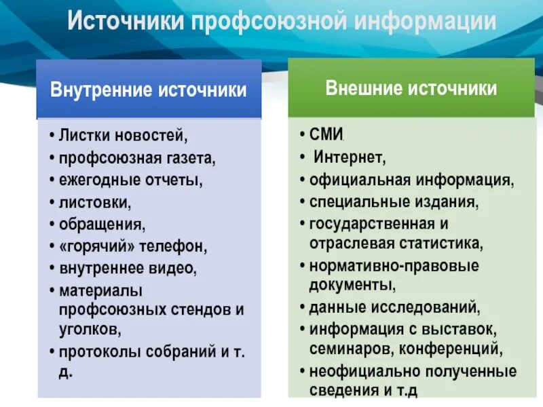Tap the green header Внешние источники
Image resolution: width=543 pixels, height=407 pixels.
411,88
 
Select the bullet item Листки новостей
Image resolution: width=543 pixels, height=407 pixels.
122,136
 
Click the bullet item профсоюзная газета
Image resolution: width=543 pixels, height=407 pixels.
136,159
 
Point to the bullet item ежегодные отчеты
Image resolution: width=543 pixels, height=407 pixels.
130,180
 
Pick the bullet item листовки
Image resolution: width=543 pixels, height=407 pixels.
94,202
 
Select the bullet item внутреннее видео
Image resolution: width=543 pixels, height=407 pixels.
128,268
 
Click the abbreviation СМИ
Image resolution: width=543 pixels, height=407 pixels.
326,136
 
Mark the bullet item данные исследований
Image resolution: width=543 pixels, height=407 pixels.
394,307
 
